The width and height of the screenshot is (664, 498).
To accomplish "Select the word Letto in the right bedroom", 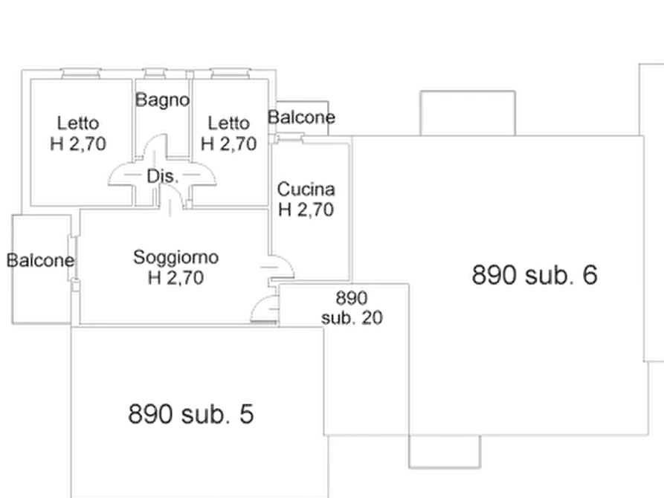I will click(x=229, y=123).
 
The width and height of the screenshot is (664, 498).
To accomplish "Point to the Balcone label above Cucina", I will click(x=301, y=117).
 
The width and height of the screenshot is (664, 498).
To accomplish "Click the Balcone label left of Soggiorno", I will click(x=40, y=261).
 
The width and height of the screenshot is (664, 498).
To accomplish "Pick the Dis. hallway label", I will click(x=161, y=177).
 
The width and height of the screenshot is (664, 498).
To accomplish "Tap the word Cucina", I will click(x=306, y=190).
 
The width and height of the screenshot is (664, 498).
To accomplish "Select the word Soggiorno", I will click(x=175, y=258).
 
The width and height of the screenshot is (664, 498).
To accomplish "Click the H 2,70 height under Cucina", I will click(x=306, y=210).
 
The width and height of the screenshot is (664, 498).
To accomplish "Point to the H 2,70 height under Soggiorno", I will click(x=175, y=279).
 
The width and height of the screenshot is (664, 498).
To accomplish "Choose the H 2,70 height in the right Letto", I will click(x=229, y=143).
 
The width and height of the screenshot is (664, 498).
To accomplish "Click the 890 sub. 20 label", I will click(x=352, y=308).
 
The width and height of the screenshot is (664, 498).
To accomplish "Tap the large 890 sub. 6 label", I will click(x=535, y=276).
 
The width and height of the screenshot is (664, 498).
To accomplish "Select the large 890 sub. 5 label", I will click(x=192, y=414).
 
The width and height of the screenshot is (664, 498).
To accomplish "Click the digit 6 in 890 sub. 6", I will click(x=590, y=276).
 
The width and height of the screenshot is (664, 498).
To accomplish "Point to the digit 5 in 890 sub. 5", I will click(x=246, y=414).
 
